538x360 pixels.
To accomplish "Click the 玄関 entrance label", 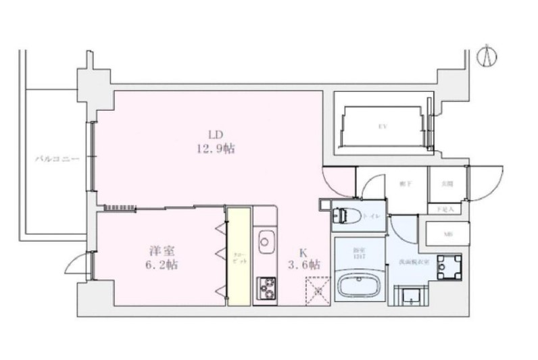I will tap(447, 183).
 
